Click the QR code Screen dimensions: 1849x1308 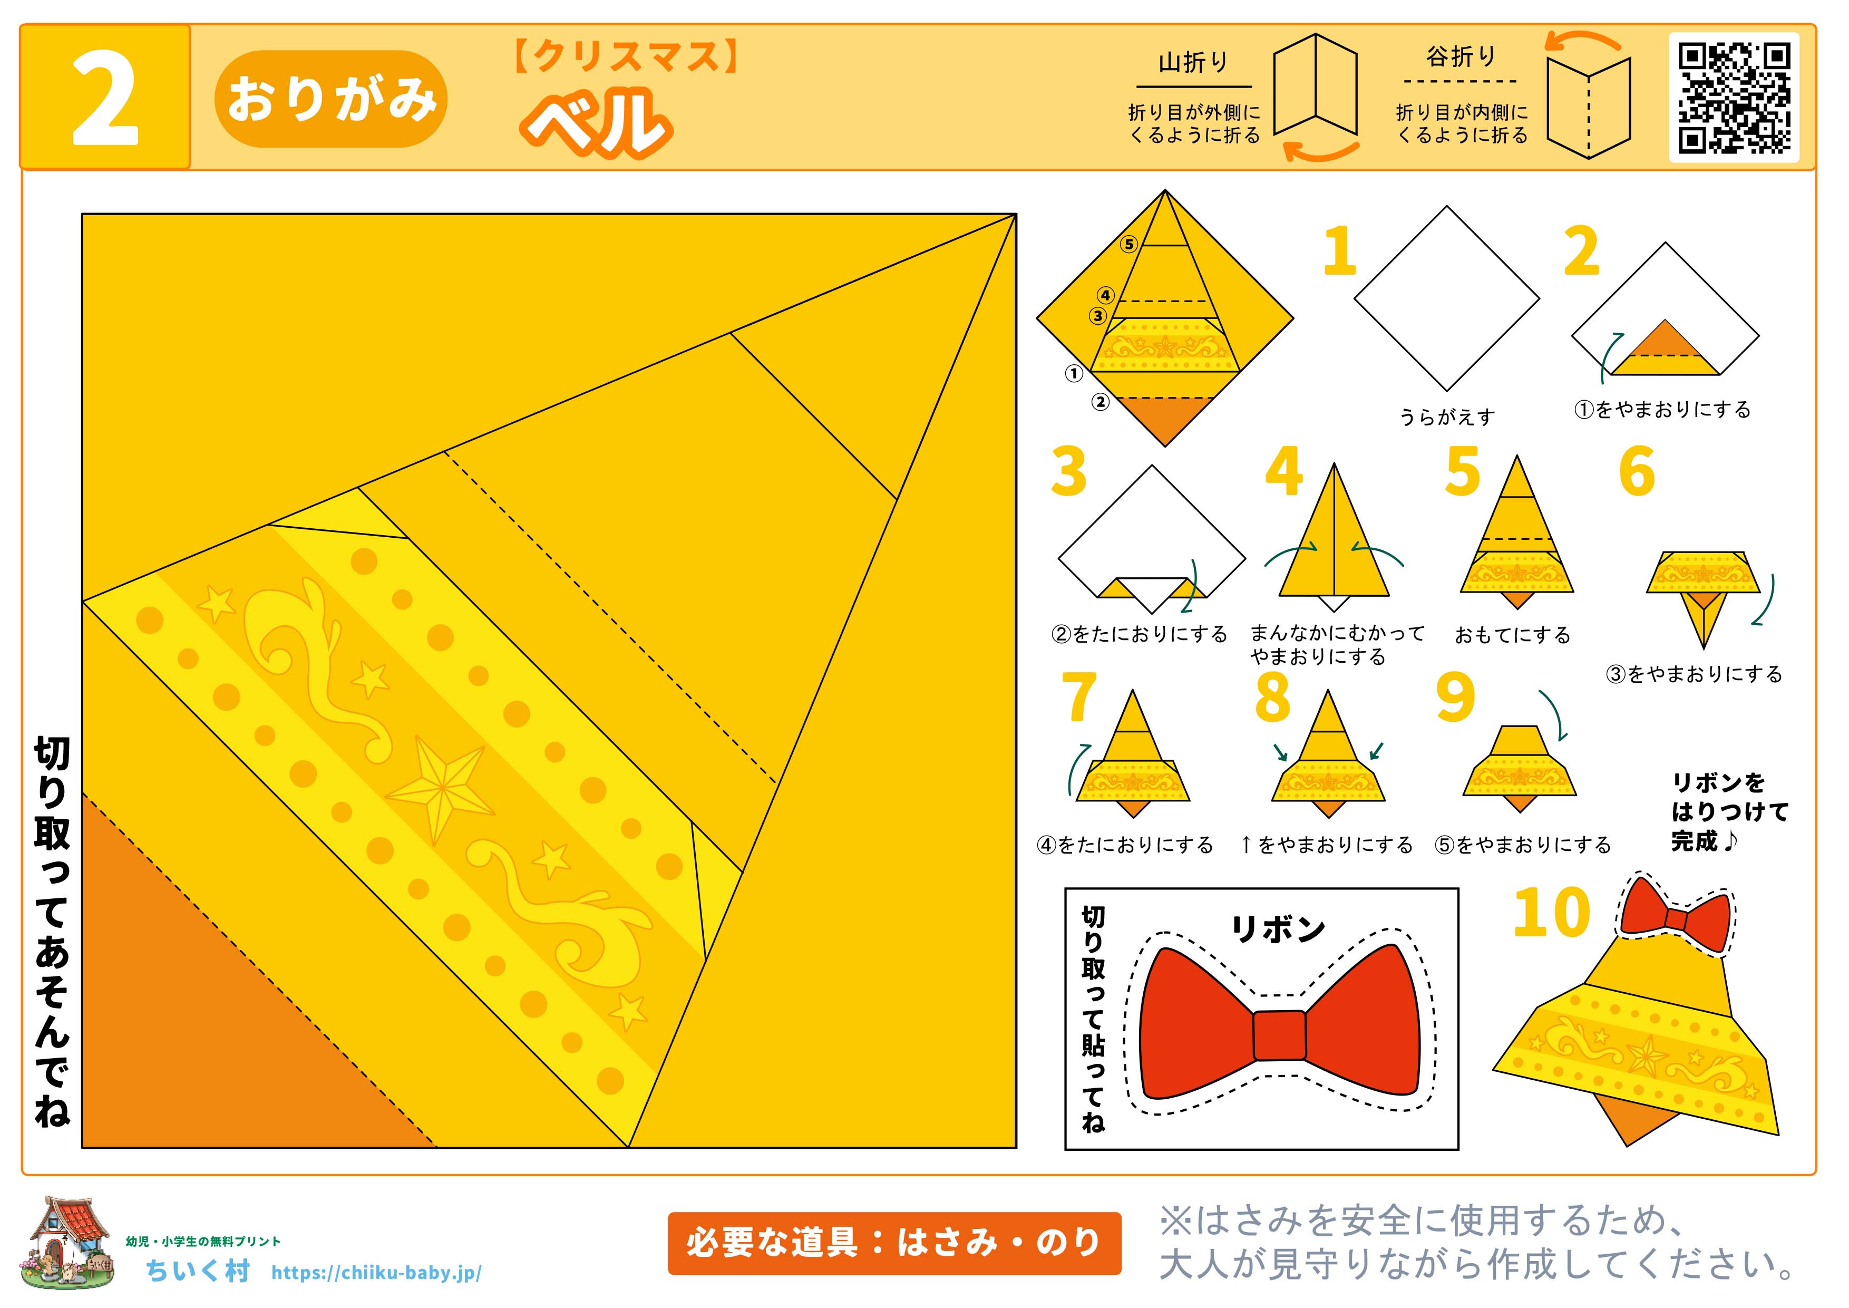[x=1734, y=98]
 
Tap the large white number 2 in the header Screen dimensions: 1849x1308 [x=105, y=98]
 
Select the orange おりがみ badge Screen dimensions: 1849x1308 [x=331, y=99]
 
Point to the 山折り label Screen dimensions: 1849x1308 [x=1193, y=63]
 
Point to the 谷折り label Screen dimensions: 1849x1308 [x=1461, y=57]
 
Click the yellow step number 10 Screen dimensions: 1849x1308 [x=1552, y=913]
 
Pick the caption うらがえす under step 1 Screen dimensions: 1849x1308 [x=1447, y=417]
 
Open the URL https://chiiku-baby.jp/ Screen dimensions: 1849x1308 [x=377, y=1273]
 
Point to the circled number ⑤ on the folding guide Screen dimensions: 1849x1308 [x=1129, y=244]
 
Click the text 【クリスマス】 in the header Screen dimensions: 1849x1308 [x=626, y=57]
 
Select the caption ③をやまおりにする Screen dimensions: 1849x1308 [x=1695, y=674]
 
